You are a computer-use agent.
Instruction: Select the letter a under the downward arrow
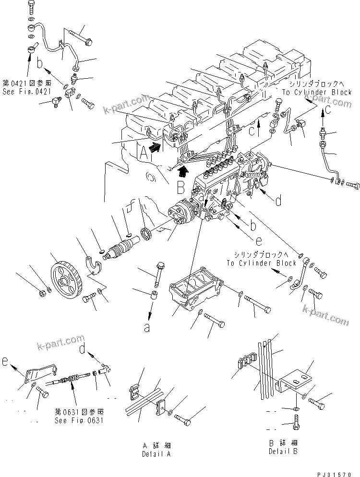(147, 328)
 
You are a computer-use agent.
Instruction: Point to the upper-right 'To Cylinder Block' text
(317, 92)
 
